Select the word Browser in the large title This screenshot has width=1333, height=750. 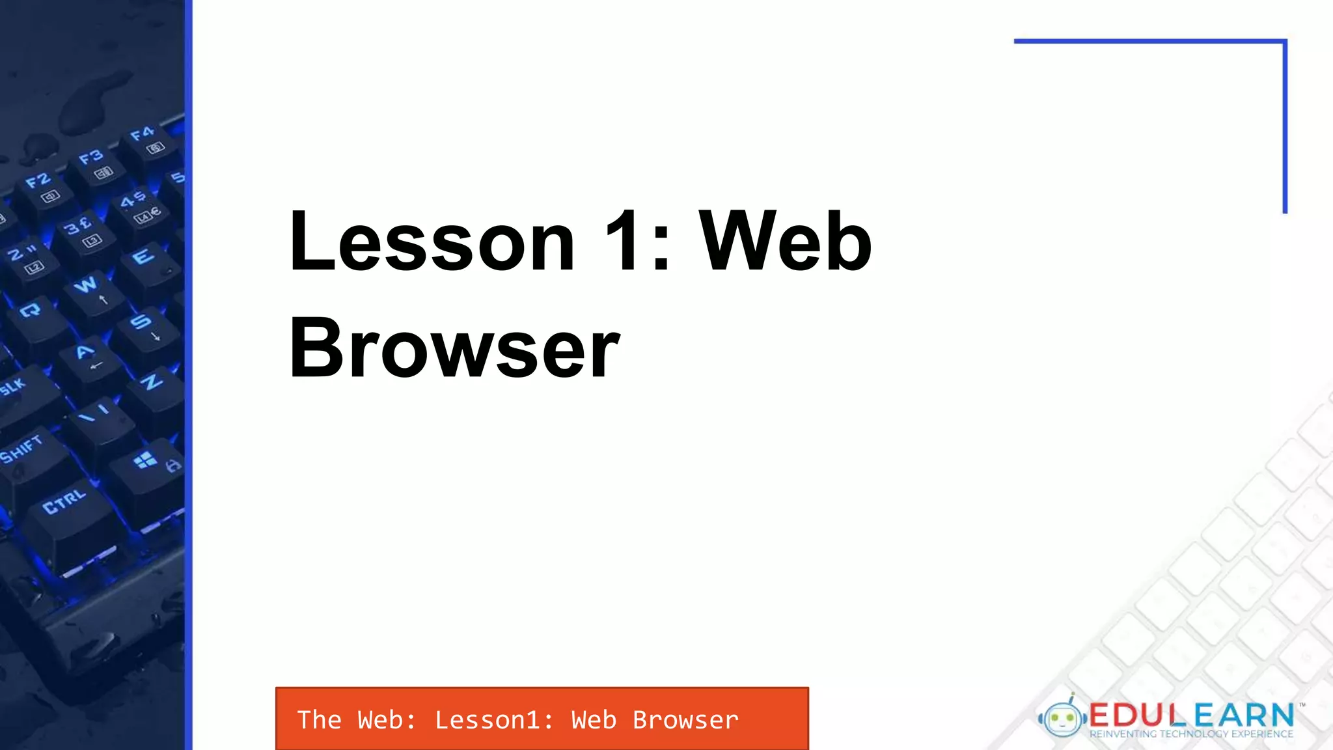454,348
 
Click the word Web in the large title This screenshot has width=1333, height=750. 785,242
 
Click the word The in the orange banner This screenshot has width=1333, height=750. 319,720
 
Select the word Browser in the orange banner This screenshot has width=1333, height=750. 685,720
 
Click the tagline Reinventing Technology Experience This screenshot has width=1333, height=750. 1191,734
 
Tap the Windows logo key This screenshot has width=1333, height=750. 145,461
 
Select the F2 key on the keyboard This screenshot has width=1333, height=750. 38,182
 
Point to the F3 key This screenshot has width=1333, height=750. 91,158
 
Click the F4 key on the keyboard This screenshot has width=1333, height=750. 142,135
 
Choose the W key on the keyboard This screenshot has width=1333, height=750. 85,285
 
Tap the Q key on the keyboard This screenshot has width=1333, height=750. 31,311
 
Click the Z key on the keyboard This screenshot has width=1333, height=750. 151,382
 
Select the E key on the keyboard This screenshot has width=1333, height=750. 143,257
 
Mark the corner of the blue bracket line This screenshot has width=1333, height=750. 1285,42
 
